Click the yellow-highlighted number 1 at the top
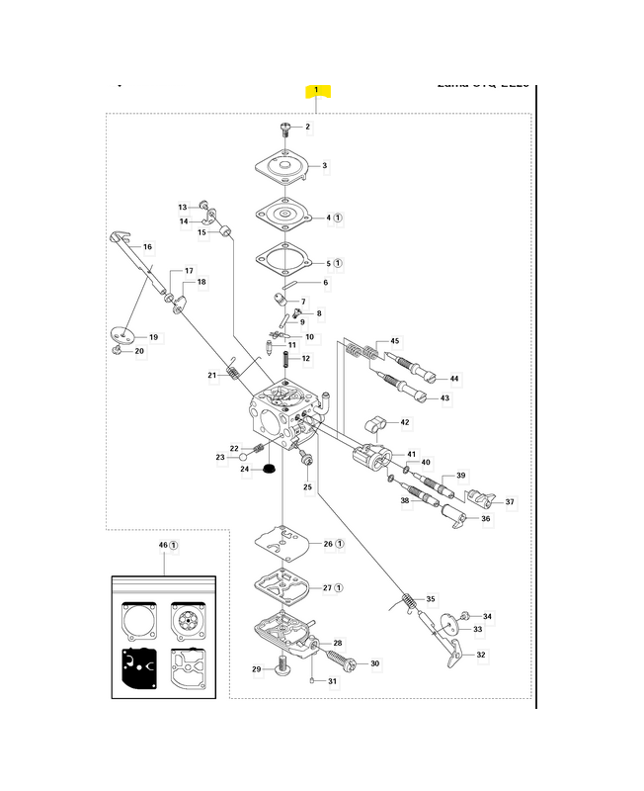coord(316,91)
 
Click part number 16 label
coord(148,246)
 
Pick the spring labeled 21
coord(234,373)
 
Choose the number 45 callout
coord(395,341)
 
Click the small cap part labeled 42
coord(373,424)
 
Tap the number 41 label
coord(412,454)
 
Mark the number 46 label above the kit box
coord(164,545)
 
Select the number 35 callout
coord(430,599)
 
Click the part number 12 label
coord(306,358)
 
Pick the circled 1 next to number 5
coord(338,264)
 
